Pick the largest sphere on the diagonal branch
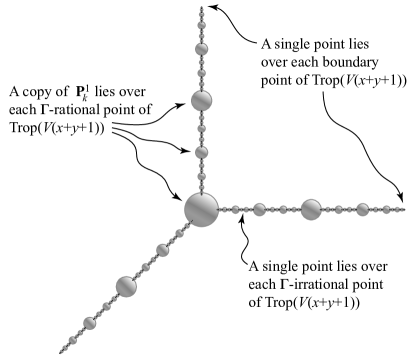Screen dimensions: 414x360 tap(126, 286)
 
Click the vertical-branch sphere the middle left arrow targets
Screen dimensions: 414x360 tap(201, 153)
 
